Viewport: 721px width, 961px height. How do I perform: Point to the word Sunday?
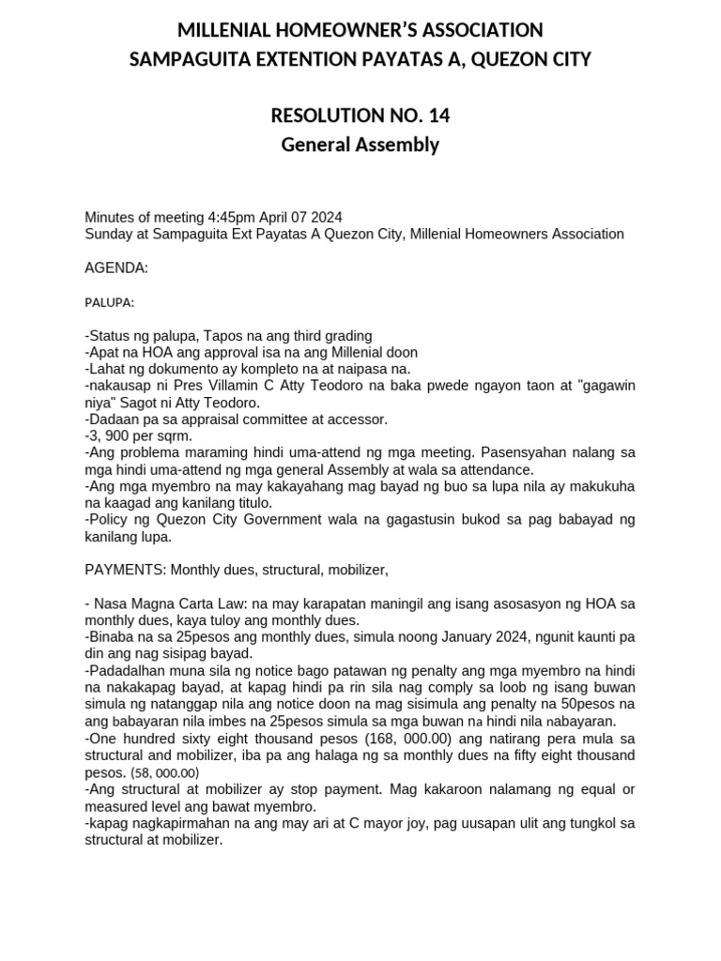pos(109,234)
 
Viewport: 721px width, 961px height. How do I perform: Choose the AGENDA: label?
pos(116,268)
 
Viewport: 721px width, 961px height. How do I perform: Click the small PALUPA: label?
pos(110,302)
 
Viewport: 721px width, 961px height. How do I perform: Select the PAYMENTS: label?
pos(125,569)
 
